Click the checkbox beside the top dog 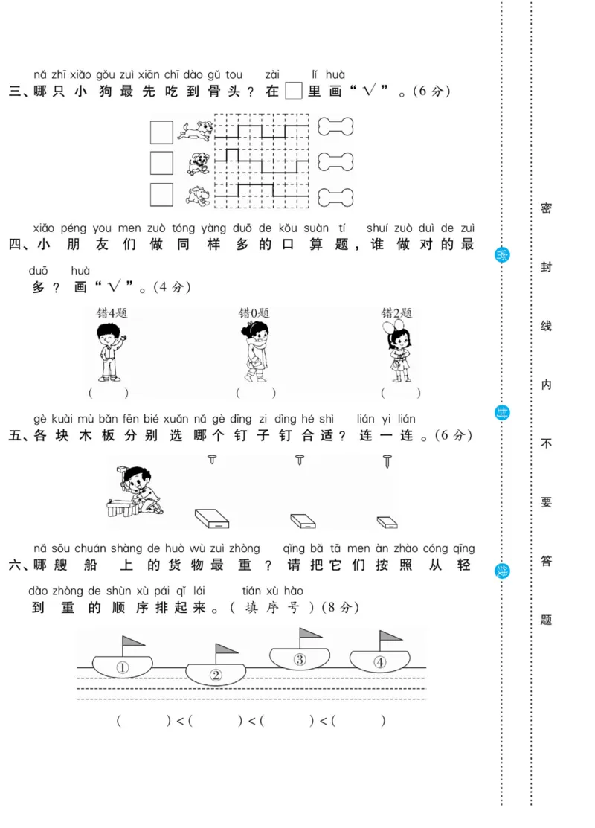click(161, 131)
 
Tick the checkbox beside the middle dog click(161, 162)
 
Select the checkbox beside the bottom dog click(161, 194)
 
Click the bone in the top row click(335, 127)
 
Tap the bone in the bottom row click(335, 196)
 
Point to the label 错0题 click(254, 313)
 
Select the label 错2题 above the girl click(396, 313)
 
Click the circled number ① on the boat click(123, 667)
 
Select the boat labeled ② click(216, 674)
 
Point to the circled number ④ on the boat click(380, 661)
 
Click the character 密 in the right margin click(546, 208)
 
